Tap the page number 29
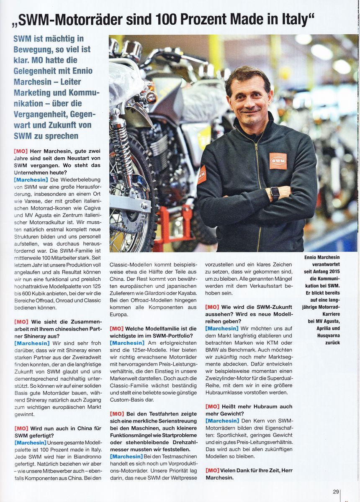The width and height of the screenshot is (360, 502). point(336,492)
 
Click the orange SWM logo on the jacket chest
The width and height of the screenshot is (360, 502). point(278,161)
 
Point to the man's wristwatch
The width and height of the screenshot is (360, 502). point(275,193)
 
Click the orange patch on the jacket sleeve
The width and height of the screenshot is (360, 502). point(202,174)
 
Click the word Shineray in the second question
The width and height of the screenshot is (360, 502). point(29,336)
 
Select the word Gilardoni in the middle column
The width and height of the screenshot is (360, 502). point(159,292)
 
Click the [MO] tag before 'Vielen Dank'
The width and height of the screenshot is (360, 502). point(212,470)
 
